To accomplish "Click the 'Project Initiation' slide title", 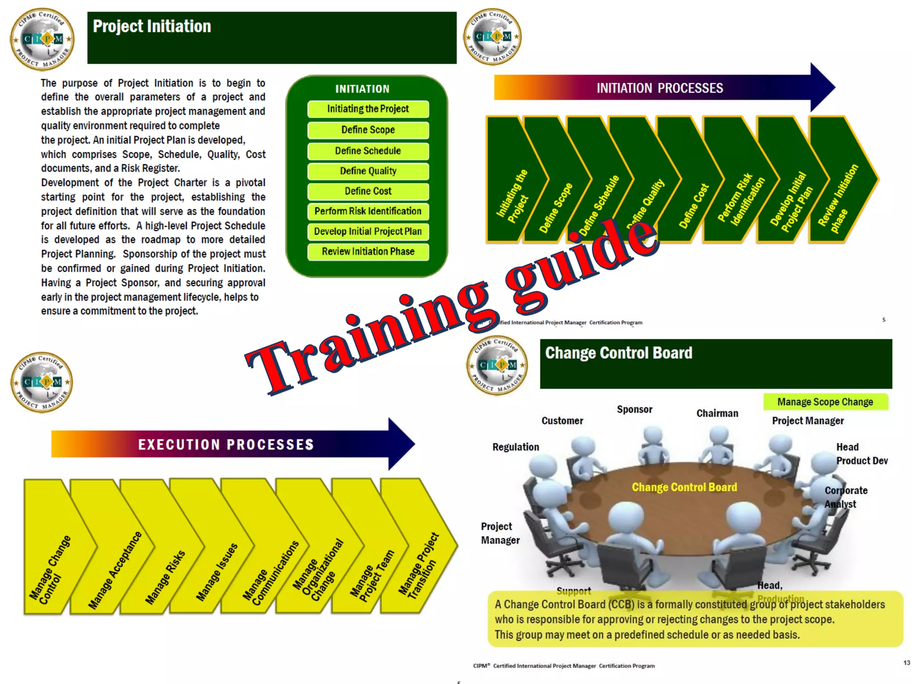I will pyautogui.click(x=152, y=27).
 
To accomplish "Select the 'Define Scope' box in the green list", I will pyautogui.click(x=368, y=130).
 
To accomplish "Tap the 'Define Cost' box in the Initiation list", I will pyautogui.click(x=368, y=191).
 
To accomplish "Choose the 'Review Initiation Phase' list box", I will pyautogui.click(x=368, y=252).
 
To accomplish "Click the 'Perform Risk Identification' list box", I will pyautogui.click(x=368, y=212).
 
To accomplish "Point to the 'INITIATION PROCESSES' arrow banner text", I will pyautogui.click(x=660, y=88).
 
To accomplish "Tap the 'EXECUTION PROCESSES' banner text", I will pyautogui.click(x=226, y=444).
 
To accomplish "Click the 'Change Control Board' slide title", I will pyautogui.click(x=619, y=353).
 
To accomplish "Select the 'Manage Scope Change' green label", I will pyautogui.click(x=825, y=402).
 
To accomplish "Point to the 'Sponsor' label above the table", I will pyautogui.click(x=635, y=410).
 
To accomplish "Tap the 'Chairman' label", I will pyautogui.click(x=717, y=414).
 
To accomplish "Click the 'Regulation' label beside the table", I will pyautogui.click(x=516, y=447).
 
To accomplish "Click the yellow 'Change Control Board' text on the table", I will pyautogui.click(x=684, y=487).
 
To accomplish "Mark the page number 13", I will pyautogui.click(x=907, y=663).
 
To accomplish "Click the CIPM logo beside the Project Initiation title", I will pyautogui.click(x=42, y=39).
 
